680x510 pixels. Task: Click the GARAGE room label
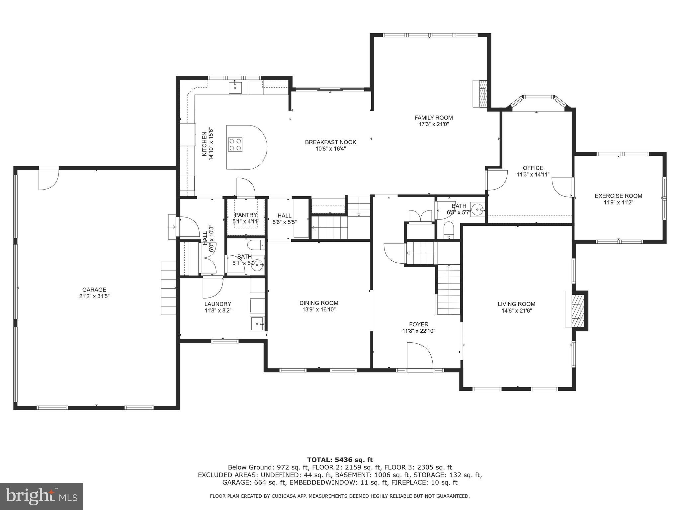click(94, 290)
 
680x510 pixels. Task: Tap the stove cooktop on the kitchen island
click(235, 144)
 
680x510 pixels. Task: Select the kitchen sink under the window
click(235, 87)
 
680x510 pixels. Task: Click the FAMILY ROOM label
click(433, 118)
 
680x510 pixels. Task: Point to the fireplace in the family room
click(480, 94)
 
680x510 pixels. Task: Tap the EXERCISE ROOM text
click(618, 196)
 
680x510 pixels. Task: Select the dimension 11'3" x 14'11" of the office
click(533, 175)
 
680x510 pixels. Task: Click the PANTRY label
click(246, 215)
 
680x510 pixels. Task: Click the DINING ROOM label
click(319, 303)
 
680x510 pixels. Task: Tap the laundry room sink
click(257, 323)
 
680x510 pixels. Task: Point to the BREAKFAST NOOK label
click(330, 142)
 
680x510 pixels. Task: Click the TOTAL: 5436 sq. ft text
click(340, 460)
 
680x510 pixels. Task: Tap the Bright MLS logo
click(41, 496)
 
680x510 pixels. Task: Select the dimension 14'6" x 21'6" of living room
click(516, 311)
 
